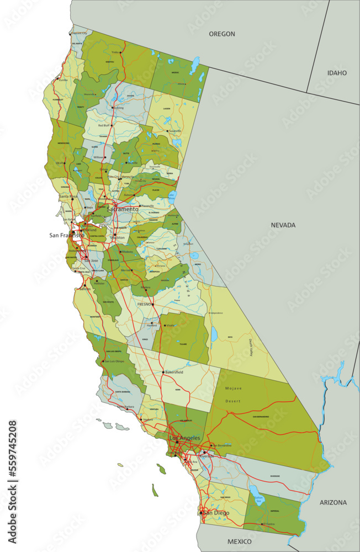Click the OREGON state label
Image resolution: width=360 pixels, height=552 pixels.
[x=221, y=34]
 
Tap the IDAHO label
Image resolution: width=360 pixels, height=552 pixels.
[x=336, y=73]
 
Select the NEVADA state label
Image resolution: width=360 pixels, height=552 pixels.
[x=283, y=225]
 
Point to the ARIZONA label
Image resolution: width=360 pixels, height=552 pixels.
[x=333, y=502]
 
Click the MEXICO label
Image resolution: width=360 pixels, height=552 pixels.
[x=239, y=542]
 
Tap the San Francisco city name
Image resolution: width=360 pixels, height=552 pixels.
[x=67, y=235]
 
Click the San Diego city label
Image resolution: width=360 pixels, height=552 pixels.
[x=215, y=513]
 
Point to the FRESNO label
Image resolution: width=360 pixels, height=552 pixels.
[x=144, y=304]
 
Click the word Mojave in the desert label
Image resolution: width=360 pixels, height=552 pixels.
[x=233, y=389]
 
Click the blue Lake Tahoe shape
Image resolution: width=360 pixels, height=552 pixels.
[x=172, y=196]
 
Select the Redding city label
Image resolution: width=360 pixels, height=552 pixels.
[x=118, y=108]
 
